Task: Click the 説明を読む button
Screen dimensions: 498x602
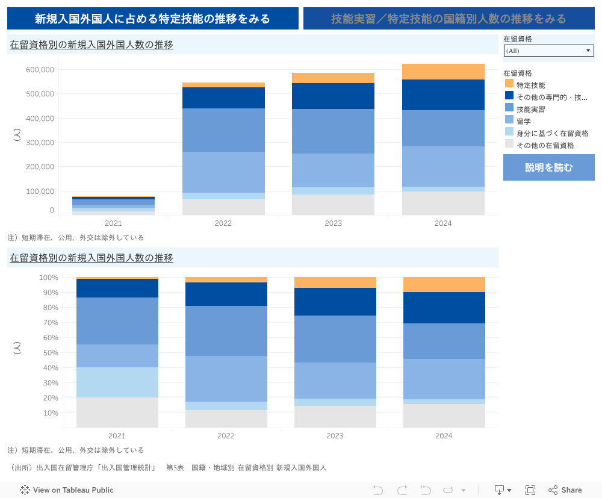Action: tap(548, 167)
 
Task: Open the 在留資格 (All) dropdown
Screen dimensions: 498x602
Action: tap(548, 51)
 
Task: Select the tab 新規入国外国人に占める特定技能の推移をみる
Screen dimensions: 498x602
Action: tap(153, 19)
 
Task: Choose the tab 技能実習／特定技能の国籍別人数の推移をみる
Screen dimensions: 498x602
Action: tap(448, 19)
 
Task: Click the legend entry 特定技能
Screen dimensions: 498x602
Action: tap(530, 85)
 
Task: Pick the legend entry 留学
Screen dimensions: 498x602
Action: tap(523, 121)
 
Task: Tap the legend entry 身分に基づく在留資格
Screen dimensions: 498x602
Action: tap(552, 133)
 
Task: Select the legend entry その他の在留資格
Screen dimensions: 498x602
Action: tap(545, 145)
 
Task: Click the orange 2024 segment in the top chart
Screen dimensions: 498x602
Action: tap(443, 72)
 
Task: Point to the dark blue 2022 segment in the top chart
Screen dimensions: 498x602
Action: tap(223, 98)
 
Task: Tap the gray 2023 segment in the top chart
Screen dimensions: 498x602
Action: tap(333, 205)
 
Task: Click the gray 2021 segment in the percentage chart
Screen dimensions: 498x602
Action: tap(117, 412)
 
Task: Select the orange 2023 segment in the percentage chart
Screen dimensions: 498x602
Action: tap(335, 282)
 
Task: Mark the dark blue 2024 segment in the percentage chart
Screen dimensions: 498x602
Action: tap(444, 308)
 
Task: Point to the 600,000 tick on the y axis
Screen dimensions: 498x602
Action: tap(40, 70)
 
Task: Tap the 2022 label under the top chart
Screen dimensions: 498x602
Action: tap(223, 223)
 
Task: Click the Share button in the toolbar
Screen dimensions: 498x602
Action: tap(565, 490)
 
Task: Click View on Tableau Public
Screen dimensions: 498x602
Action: tap(67, 490)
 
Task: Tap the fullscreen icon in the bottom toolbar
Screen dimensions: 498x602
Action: tap(530, 490)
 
